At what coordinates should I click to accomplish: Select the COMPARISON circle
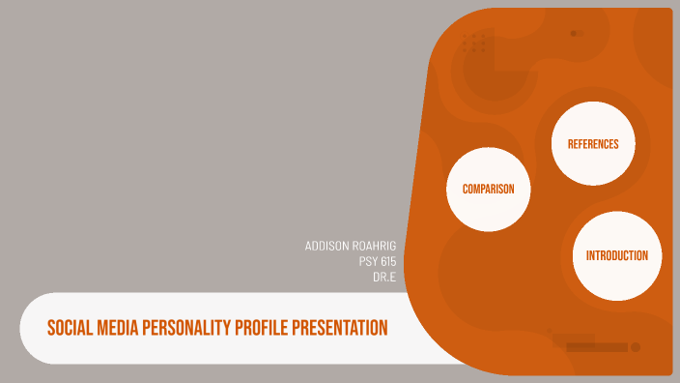tap(488, 189)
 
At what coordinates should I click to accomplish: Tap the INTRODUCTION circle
tap(616, 255)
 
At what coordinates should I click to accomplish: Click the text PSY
tap(367, 261)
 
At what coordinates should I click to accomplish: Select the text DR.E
tap(384, 277)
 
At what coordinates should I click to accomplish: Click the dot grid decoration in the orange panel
tap(473, 43)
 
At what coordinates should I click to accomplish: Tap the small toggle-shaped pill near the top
tap(576, 33)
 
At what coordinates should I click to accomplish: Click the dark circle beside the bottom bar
tap(636, 346)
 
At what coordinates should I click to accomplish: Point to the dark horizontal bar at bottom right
tap(596, 346)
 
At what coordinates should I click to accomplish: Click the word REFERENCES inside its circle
tap(593, 144)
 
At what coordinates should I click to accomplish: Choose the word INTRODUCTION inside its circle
tap(616, 255)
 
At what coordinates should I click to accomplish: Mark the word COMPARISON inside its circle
tap(488, 189)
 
